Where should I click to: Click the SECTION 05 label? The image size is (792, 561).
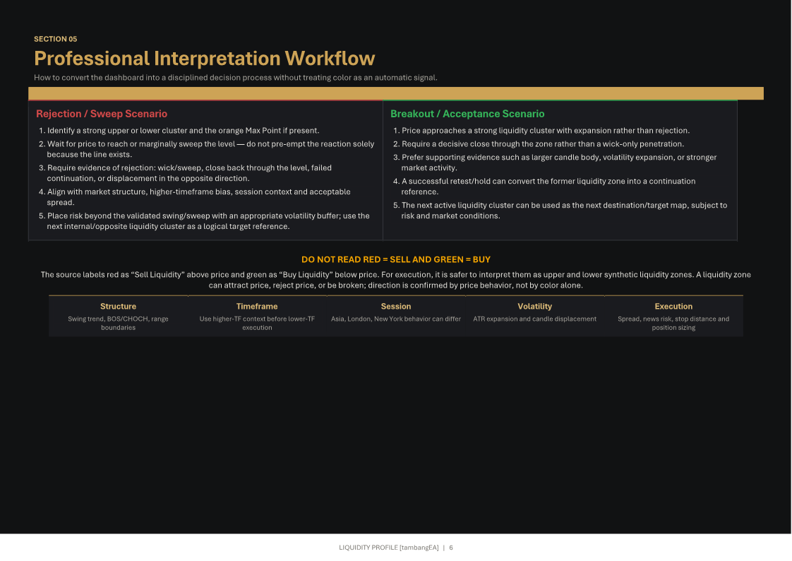pyautogui.click(x=56, y=39)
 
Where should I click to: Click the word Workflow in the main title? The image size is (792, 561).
pyautogui.click(x=330, y=58)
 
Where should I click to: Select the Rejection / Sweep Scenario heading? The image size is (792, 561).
pyautogui.click(x=102, y=114)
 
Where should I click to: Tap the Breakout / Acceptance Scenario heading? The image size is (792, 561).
pyautogui.click(x=467, y=114)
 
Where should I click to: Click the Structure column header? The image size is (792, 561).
pyautogui.click(x=118, y=306)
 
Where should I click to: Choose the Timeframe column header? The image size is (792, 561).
pyautogui.click(x=257, y=306)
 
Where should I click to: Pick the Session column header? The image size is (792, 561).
pyautogui.click(x=396, y=306)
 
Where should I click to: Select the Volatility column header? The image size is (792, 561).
pyautogui.click(x=534, y=306)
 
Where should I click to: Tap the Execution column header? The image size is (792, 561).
pyautogui.click(x=673, y=306)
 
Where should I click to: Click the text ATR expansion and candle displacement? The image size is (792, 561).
pyautogui.click(x=534, y=319)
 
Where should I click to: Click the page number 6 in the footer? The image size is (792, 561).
pyautogui.click(x=451, y=548)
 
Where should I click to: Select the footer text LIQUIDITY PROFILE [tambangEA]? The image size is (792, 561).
pyautogui.click(x=389, y=548)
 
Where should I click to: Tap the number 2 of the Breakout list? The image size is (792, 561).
pyautogui.click(x=396, y=144)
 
